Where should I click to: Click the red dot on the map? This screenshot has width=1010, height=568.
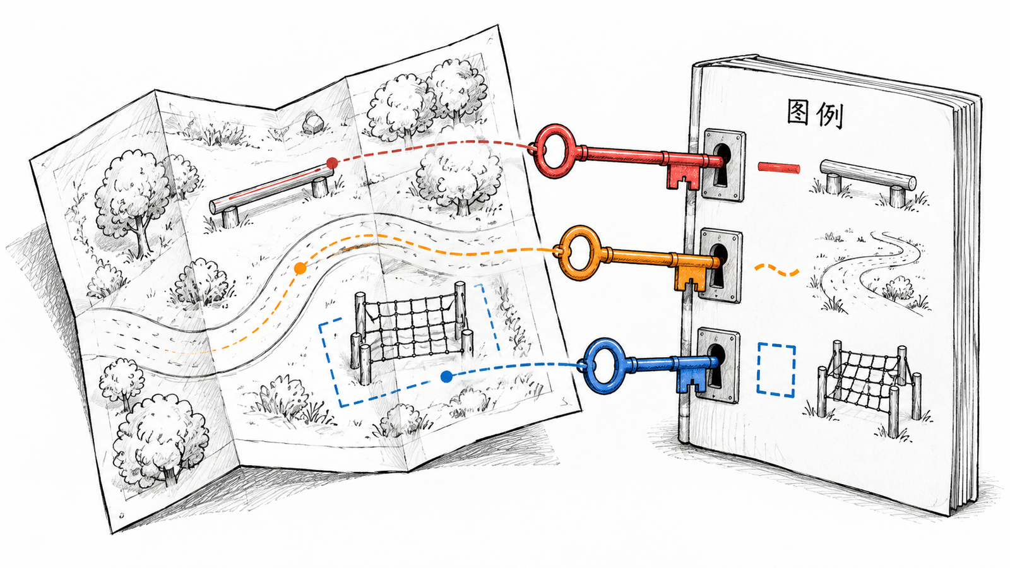click(x=332, y=163)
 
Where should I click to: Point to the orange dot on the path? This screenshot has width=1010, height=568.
click(x=300, y=269)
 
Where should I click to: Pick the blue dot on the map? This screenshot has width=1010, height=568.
click(x=446, y=376)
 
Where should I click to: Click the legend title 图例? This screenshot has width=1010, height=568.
click(x=815, y=114)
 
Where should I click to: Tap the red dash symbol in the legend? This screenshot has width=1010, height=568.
click(x=779, y=168)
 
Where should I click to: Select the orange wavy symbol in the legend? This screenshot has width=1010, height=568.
click(x=776, y=269)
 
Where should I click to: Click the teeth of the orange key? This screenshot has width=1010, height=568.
click(x=690, y=279)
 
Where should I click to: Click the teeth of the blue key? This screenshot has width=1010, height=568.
click(x=694, y=381)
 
